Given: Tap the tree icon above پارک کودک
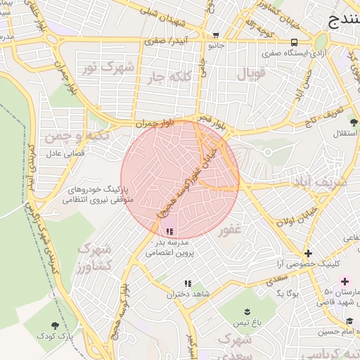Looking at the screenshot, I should click(x=56, y=325).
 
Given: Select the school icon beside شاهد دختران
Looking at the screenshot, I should click(x=186, y=284).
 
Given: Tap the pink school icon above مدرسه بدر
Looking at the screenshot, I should click(x=169, y=231).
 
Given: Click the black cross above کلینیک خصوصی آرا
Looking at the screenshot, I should click(x=307, y=253).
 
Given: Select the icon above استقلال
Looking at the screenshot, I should click(x=353, y=122).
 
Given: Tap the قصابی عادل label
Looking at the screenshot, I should click(x=65, y=153).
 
